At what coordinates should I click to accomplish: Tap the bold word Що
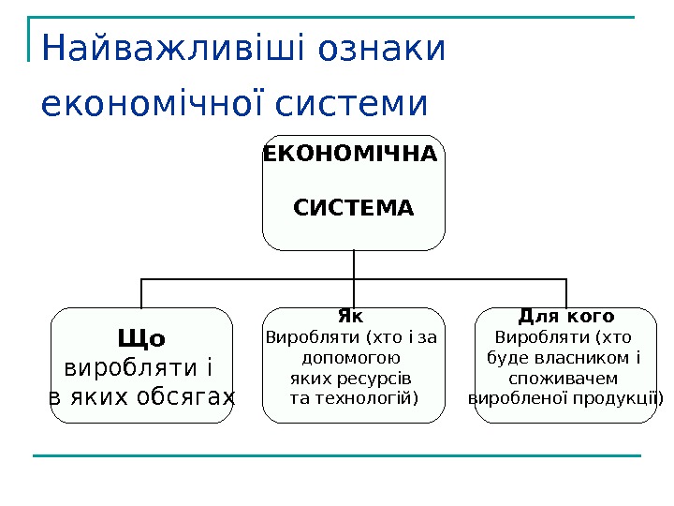click(x=141, y=337)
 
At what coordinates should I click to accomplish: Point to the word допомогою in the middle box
click(x=352, y=357)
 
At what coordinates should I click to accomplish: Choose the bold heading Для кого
click(x=565, y=316)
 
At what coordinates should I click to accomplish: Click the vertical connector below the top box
click(x=354, y=265)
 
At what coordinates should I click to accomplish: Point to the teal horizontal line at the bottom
click(x=337, y=456)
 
